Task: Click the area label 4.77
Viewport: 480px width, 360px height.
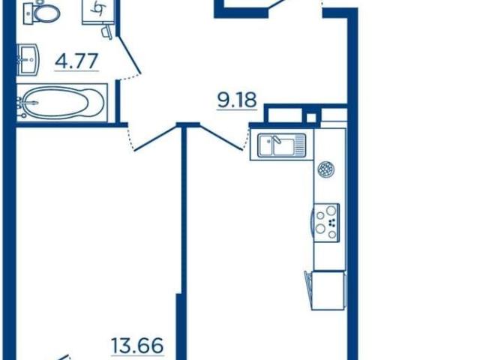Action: [76, 61]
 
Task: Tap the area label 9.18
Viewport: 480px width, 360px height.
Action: [237, 100]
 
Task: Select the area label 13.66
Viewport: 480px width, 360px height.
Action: [137, 345]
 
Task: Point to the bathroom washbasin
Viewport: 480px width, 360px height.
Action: [28, 60]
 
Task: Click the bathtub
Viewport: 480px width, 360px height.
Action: [61, 103]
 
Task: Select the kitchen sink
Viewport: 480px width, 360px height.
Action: [282, 145]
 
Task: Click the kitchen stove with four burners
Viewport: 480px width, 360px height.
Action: [327, 222]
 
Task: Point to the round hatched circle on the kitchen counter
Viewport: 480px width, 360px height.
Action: [326, 169]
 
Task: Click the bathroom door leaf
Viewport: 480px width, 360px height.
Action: [130, 55]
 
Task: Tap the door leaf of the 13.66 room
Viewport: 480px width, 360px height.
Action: [155, 137]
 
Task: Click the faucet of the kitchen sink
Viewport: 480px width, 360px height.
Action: [277, 140]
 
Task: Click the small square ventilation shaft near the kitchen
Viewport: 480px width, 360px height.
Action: [311, 118]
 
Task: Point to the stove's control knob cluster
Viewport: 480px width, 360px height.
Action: [331, 223]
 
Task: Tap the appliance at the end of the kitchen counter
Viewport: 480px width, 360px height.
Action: [326, 290]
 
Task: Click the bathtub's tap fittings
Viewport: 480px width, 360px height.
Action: [22, 106]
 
